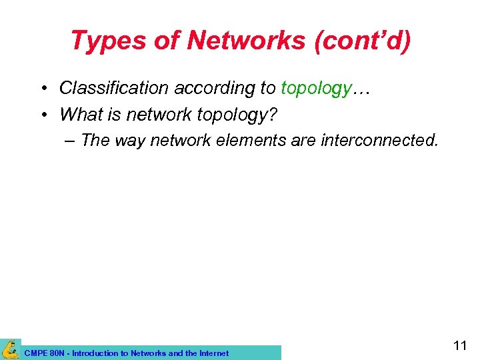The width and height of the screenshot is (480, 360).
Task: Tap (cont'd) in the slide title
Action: click(x=369, y=41)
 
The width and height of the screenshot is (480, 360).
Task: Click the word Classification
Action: click(x=115, y=88)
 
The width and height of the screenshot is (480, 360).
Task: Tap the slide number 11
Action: click(x=460, y=345)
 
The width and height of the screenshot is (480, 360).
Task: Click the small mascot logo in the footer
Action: click(x=10, y=349)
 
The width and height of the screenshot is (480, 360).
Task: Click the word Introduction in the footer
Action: click(x=94, y=353)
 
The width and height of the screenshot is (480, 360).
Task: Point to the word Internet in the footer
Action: click(x=211, y=353)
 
